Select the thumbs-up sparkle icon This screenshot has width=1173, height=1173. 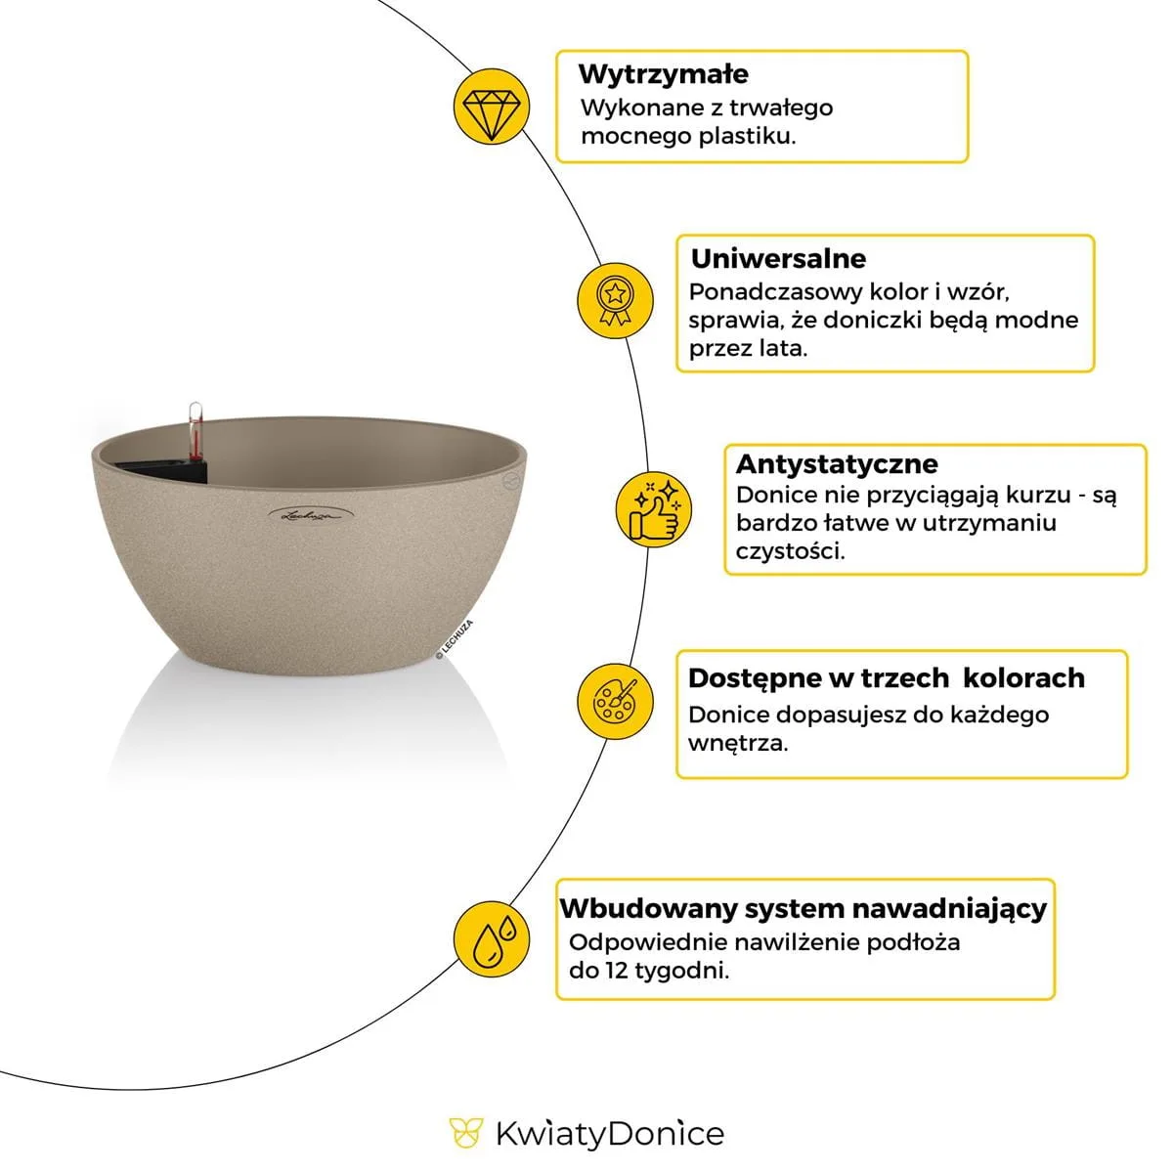click(x=654, y=509)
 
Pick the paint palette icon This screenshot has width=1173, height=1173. click(x=615, y=700)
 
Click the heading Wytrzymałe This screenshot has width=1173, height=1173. click(x=663, y=74)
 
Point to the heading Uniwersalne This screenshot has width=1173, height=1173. click(x=778, y=259)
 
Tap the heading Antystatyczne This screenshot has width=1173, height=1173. click(x=836, y=463)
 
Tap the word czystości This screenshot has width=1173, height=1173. click(x=790, y=550)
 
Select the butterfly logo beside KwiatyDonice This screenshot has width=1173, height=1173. click(x=466, y=1134)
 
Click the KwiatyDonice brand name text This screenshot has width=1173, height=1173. click(x=610, y=1134)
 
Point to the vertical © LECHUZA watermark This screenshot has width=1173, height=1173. click(x=455, y=641)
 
